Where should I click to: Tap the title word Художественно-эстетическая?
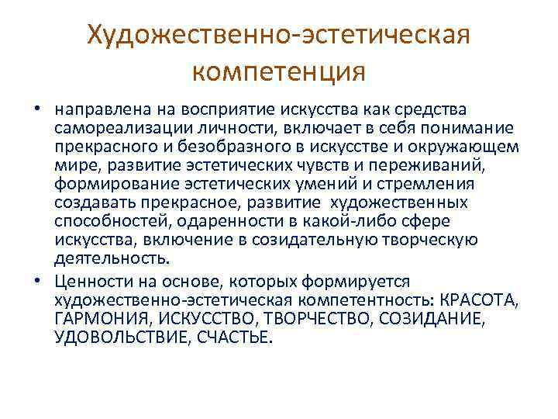coord(278,34)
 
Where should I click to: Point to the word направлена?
coord(92,109)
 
